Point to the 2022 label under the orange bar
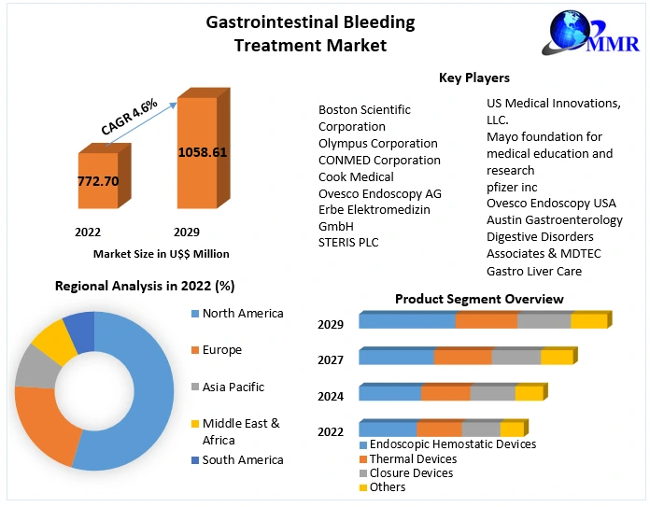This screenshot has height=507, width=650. tap(88, 232)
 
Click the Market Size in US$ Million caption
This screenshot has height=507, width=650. tap(161, 253)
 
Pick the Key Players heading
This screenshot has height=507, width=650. tap(474, 77)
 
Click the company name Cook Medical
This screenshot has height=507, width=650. tap(356, 176)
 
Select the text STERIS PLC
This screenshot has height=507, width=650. tap(350, 243)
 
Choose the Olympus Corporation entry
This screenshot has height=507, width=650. tap(377, 143)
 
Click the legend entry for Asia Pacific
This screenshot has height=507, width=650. tap(233, 387)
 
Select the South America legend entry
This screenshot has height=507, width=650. tap(242, 459)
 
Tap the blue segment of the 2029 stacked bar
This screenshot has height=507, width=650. tap(406, 320)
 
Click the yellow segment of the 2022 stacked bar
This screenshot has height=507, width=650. tap(511, 430)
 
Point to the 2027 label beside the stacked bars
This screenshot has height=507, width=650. tap(331, 359)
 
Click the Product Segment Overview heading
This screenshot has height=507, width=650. tap(478, 299)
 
